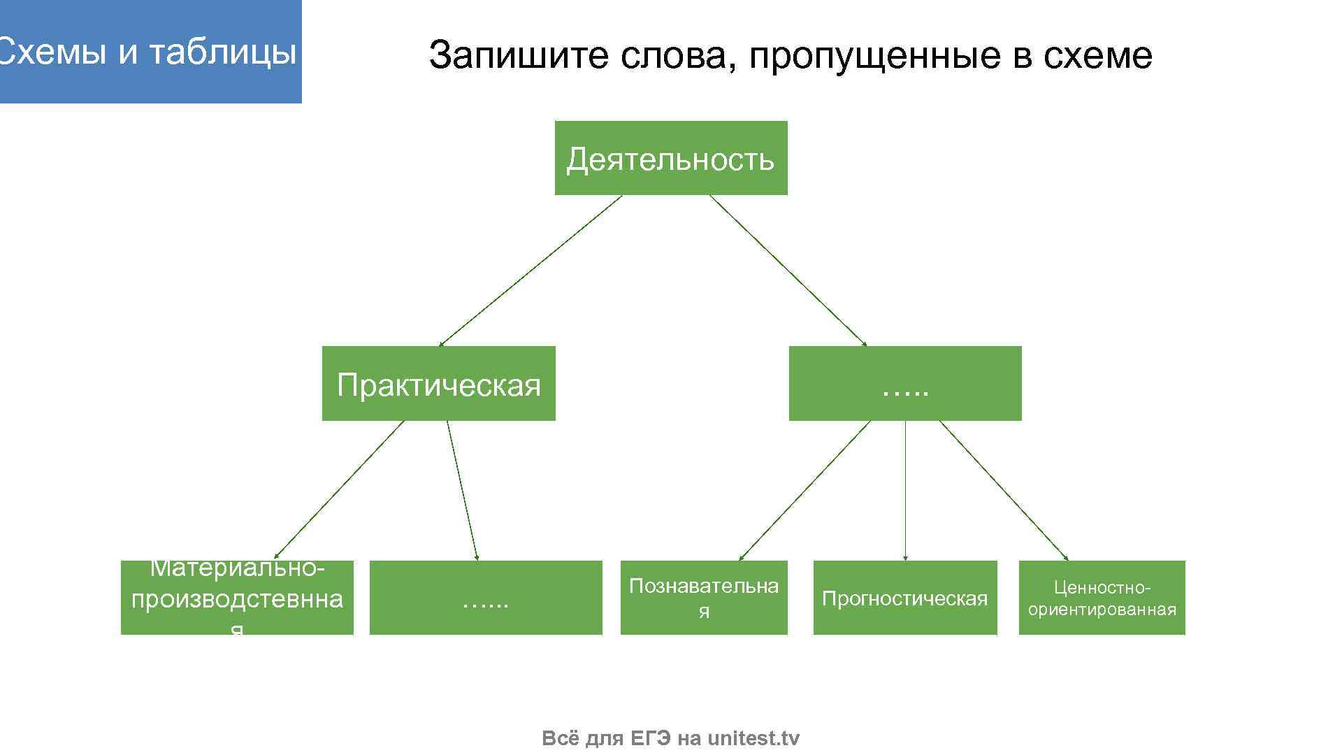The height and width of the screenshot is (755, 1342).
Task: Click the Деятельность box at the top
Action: (x=670, y=158)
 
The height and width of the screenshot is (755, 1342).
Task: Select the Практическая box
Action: (x=438, y=384)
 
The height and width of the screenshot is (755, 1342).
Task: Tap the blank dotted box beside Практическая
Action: (x=904, y=384)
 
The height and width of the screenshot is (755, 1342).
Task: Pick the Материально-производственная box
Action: (x=237, y=598)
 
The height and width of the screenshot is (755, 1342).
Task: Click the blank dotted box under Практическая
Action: (x=485, y=598)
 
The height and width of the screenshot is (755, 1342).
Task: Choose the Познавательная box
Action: (x=704, y=598)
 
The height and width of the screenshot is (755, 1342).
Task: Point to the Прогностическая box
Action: (x=904, y=598)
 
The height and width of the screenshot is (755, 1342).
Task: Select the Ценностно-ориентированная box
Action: (x=1102, y=598)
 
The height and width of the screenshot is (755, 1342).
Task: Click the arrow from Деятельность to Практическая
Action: (x=530, y=271)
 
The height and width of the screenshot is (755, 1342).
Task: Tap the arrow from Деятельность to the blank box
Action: (x=788, y=271)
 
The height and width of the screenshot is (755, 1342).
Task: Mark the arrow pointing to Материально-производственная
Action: (x=339, y=490)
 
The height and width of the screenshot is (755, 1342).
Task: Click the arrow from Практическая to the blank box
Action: (x=463, y=490)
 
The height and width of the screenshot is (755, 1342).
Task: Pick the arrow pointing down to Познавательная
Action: (x=804, y=490)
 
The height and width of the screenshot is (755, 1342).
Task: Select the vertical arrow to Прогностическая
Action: (x=905, y=490)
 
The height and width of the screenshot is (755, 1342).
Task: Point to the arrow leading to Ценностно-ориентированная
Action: (x=1004, y=490)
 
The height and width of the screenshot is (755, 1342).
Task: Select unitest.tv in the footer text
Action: (x=753, y=738)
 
